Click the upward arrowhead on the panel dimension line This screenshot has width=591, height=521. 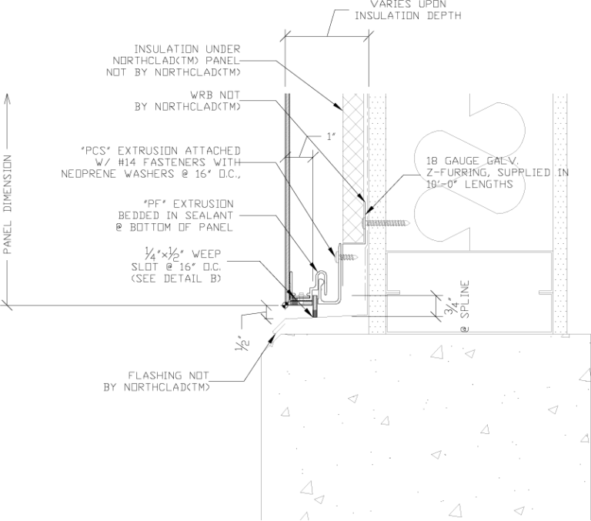click(x=8, y=99)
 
